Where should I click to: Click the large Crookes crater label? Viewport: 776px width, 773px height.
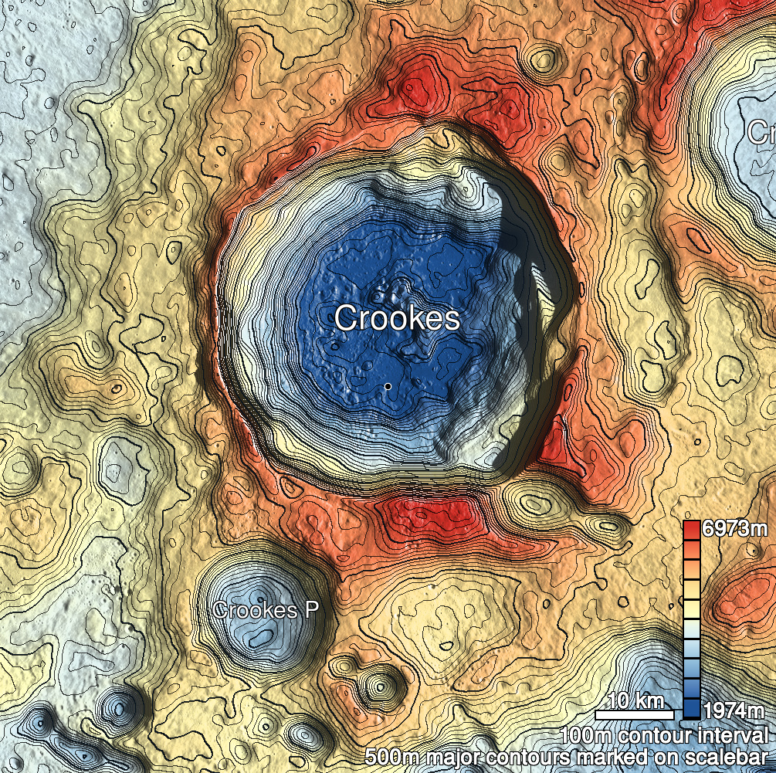click(398, 318)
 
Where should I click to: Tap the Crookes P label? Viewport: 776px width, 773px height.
click(266, 610)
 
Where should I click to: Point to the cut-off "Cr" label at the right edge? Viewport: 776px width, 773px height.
click(761, 133)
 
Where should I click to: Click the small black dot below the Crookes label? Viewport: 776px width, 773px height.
click(388, 385)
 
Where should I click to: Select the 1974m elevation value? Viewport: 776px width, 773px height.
click(734, 710)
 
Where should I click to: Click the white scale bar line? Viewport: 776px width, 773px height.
click(635, 715)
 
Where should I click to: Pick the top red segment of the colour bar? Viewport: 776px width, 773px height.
click(692, 530)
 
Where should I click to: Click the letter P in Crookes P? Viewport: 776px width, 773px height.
click(311, 610)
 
